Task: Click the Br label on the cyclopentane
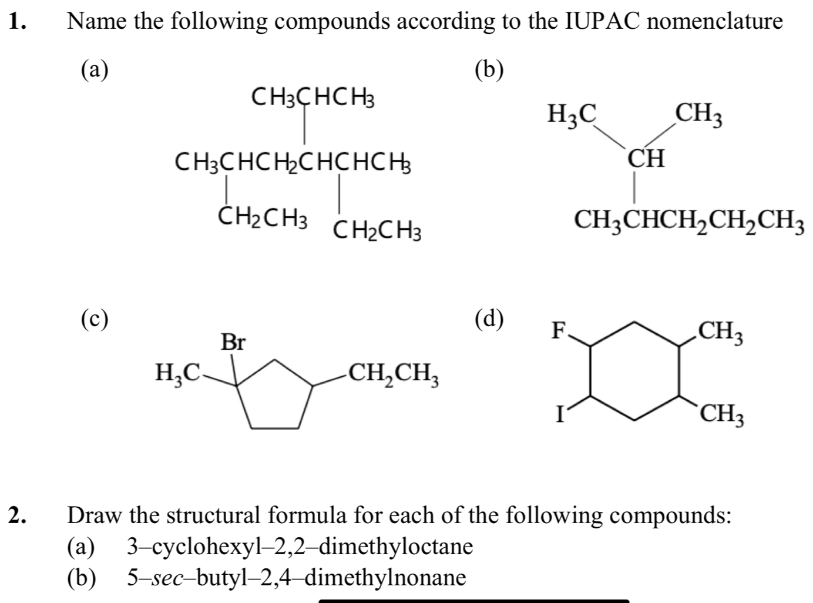(233, 342)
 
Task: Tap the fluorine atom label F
(556, 331)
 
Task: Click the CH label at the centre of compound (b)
(646, 159)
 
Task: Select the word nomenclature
(717, 22)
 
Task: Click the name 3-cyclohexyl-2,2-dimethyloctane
(300, 547)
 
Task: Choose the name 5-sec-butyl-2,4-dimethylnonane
(297, 577)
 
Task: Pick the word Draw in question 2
(95, 515)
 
